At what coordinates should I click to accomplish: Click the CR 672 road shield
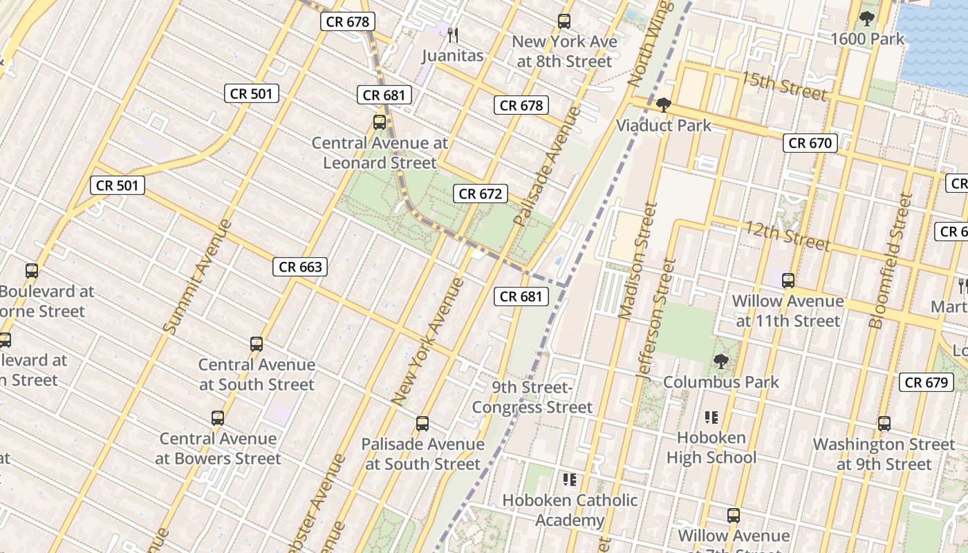click(x=481, y=194)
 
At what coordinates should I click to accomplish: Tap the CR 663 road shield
click(x=300, y=267)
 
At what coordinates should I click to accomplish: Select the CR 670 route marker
click(x=810, y=143)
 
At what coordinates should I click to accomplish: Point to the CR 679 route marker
click(x=927, y=382)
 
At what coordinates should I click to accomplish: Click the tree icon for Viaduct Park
click(x=664, y=105)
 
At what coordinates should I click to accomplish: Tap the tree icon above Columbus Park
click(x=720, y=361)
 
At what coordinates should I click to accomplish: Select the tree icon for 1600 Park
click(x=866, y=19)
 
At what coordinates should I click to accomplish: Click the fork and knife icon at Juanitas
click(x=453, y=35)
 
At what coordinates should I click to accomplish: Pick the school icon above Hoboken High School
click(x=711, y=417)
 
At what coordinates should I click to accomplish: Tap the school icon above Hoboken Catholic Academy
click(x=570, y=479)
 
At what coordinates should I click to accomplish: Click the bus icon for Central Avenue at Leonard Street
click(x=380, y=122)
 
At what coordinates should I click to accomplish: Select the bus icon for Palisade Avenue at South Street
click(x=422, y=423)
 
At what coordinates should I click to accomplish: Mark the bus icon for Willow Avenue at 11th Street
click(x=788, y=281)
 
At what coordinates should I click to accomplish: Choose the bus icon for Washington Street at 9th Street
click(x=884, y=423)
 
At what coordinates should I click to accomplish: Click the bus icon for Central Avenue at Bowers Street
click(x=218, y=418)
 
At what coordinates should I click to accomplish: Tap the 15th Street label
click(x=784, y=85)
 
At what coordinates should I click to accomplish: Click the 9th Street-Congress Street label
click(x=532, y=397)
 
